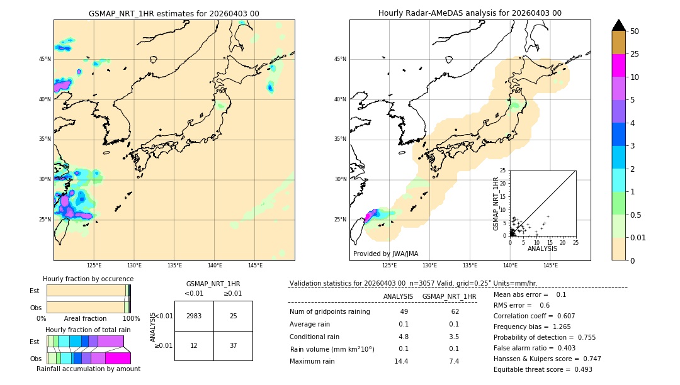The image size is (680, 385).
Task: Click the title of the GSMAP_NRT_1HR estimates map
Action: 174,13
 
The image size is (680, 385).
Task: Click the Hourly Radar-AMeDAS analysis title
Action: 470,13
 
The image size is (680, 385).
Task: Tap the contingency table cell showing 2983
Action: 194,316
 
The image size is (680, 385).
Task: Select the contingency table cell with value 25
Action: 233,316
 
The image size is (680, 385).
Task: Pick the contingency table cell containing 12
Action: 194,345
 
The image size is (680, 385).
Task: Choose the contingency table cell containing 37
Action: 233,345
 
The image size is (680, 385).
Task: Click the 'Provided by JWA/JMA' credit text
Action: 385,254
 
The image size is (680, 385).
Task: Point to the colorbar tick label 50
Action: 635,31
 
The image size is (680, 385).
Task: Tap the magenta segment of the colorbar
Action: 618,65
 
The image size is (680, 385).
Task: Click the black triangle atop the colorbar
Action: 618,25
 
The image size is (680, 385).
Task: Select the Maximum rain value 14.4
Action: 401,361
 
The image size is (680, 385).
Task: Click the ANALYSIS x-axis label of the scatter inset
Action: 542,248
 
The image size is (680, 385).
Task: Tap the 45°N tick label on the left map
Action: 45,59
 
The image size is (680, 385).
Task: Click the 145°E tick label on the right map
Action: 550,265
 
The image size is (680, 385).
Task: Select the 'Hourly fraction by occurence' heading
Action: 88,279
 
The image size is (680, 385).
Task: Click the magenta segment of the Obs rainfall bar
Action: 118,358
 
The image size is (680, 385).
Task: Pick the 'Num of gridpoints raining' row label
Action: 330,312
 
